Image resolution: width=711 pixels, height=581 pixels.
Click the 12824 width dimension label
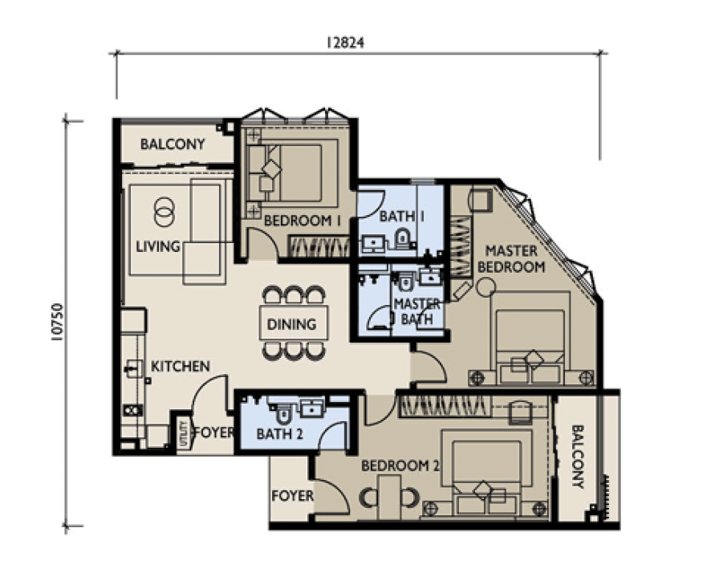pyautogui.click(x=346, y=43)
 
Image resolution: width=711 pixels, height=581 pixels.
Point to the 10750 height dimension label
pyautogui.click(x=58, y=322)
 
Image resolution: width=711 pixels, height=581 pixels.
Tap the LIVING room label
pyautogui.click(x=158, y=246)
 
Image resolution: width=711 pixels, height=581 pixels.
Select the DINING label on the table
pyautogui.click(x=291, y=324)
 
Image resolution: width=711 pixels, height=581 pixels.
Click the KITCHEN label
pyautogui.click(x=180, y=366)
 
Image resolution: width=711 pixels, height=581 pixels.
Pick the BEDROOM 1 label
pyautogui.click(x=302, y=221)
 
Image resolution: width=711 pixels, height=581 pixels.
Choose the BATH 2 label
pyautogui.click(x=279, y=434)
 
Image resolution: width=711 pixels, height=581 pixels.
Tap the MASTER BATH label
pyautogui.click(x=416, y=311)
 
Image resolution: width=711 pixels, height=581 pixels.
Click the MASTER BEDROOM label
pyautogui.click(x=511, y=258)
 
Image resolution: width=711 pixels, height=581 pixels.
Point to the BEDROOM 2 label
pyautogui.click(x=400, y=465)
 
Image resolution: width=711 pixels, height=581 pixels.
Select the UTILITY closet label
pyautogui.click(x=184, y=434)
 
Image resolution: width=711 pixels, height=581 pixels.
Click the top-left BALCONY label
pyautogui.click(x=173, y=144)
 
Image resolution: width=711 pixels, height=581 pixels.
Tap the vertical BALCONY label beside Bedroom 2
pyautogui.click(x=577, y=457)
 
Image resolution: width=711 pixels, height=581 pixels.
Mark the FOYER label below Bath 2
pyautogui.click(x=292, y=496)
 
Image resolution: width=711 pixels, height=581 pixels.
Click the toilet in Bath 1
pyautogui.click(x=402, y=238)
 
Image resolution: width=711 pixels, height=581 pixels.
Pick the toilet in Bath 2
pyautogui.click(x=284, y=413)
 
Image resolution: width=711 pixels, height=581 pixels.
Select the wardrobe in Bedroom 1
pyautogui.click(x=319, y=246)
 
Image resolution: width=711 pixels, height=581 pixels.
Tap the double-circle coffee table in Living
pyautogui.click(x=164, y=211)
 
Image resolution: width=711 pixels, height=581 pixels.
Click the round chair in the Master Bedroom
pyautogui.click(x=486, y=286)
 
